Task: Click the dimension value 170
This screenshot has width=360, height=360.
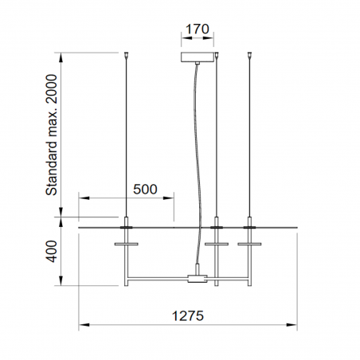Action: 197,30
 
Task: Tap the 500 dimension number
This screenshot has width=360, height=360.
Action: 144,190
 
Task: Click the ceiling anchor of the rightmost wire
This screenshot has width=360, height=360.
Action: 252,55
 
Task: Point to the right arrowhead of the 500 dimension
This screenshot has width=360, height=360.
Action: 170,198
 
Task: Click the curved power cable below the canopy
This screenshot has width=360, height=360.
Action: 190,159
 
